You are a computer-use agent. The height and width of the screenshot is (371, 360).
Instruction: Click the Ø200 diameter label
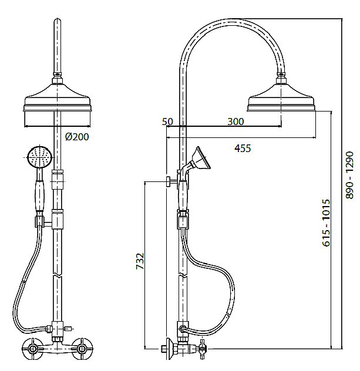click(x=77, y=137)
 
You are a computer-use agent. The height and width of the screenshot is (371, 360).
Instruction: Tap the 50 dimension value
click(x=167, y=122)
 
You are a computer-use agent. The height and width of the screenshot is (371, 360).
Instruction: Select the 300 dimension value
click(x=235, y=122)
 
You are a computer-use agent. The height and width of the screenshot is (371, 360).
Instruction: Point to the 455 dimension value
click(x=243, y=149)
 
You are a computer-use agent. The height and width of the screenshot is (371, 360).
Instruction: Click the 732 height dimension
click(x=140, y=261)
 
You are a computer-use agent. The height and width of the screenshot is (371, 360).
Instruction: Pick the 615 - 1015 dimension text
click(x=326, y=223)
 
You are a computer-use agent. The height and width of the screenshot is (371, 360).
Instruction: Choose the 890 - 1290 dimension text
click(x=349, y=175)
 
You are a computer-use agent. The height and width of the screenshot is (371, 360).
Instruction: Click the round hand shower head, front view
click(x=40, y=157)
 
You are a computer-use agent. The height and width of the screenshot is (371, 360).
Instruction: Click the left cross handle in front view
click(x=32, y=349)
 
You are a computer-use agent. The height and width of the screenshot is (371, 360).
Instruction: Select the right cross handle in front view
click(x=82, y=349)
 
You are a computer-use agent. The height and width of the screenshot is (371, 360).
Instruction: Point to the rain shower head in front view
click(x=58, y=97)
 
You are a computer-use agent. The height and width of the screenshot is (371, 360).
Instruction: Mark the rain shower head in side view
click(x=281, y=97)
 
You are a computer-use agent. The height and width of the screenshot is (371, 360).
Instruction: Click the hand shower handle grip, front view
click(x=40, y=195)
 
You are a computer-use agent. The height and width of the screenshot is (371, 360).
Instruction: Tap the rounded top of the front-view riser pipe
click(x=58, y=21)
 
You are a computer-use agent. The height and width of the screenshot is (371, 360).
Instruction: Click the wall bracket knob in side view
click(x=169, y=182)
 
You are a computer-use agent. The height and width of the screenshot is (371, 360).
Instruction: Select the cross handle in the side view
click(x=203, y=349)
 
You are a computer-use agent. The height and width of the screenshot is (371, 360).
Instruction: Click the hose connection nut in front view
click(x=49, y=329)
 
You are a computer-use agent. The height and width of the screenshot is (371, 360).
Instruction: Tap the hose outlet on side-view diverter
click(x=182, y=329)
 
